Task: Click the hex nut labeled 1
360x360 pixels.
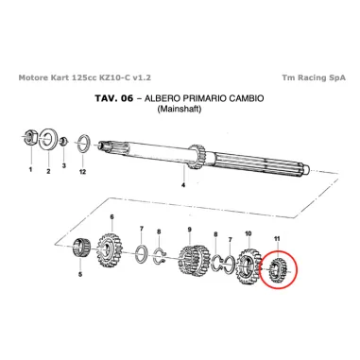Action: click(x=31, y=137)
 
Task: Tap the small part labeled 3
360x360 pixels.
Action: click(x=63, y=141)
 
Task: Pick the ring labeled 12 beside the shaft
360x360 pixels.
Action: click(x=83, y=144)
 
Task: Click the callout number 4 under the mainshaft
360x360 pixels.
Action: click(x=183, y=185)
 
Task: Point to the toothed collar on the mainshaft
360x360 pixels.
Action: click(x=197, y=157)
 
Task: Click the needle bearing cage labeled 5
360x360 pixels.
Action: click(x=82, y=249)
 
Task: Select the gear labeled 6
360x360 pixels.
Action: click(x=109, y=251)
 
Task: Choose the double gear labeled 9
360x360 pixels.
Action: click(x=195, y=261)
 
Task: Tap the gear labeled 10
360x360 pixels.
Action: click(x=249, y=266)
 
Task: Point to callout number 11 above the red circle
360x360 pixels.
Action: click(x=277, y=239)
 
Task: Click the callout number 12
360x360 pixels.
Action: click(x=82, y=172)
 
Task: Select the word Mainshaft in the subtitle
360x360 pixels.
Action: click(x=179, y=109)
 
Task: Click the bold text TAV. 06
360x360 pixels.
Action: click(x=114, y=98)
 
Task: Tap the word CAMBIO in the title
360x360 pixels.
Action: click(x=247, y=98)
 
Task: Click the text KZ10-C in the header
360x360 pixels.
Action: click(x=115, y=77)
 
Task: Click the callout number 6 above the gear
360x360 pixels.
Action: click(x=111, y=216)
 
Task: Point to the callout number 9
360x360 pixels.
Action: click(x=190, y=230)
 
